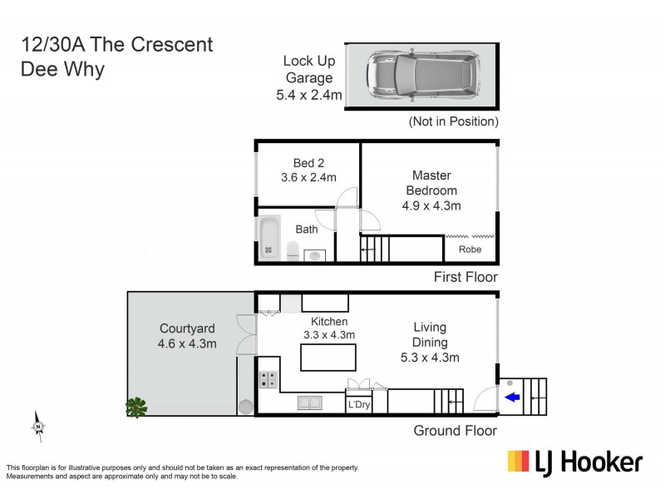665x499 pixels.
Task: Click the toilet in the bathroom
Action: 293,250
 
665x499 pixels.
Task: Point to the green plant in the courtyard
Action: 135,407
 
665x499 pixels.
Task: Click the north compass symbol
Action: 38,426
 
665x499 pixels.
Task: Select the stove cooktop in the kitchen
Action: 269,380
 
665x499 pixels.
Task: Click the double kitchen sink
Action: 310,403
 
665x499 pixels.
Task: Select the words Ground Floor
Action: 456,430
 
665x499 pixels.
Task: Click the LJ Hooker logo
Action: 575,462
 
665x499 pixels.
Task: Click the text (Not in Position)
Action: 453,121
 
